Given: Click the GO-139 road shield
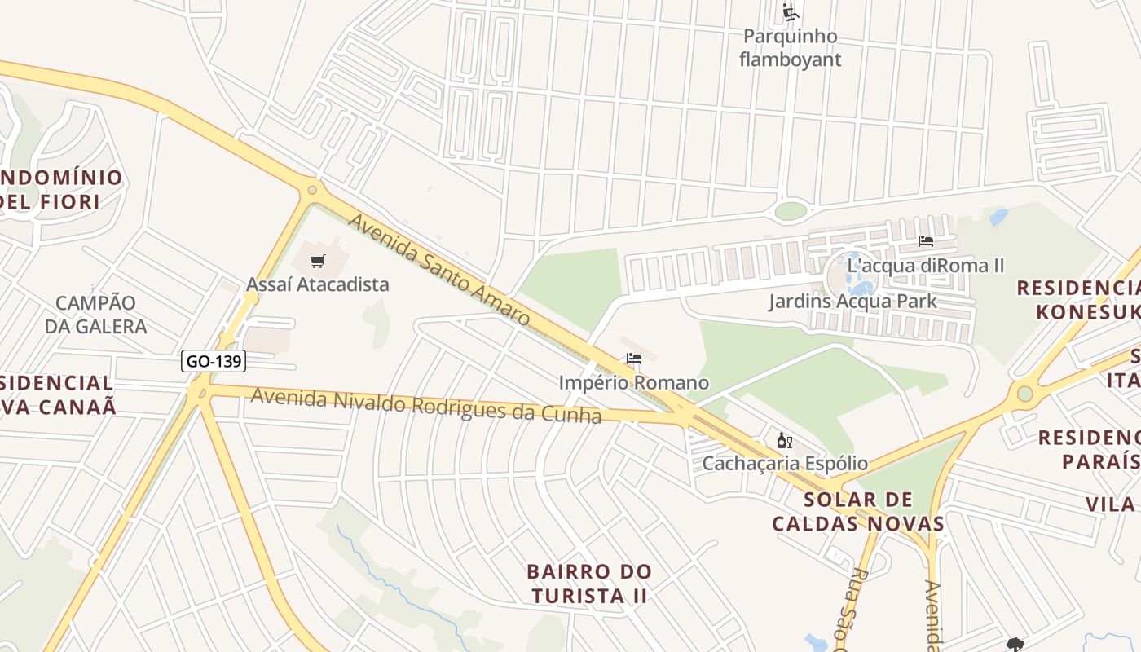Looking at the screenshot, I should (x=214, y=361).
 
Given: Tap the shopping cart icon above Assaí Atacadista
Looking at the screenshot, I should (x=318, y=262).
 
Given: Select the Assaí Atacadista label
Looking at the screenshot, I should (x=318, y=284).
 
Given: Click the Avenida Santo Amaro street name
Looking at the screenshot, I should (x=439, y=270).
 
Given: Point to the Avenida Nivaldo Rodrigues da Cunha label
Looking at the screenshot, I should (x=426, y=405).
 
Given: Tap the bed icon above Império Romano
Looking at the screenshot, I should (x=634, y=359).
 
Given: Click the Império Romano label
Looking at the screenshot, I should (x=634, y=382).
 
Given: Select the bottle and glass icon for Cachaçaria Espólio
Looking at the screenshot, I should (x=785, y=441).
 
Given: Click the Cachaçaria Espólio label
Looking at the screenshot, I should (x=785, y=464).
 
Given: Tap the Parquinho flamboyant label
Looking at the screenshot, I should (x=790, y=47).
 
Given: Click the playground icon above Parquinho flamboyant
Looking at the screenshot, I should (x=790, y=11).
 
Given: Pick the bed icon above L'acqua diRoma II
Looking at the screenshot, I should (x=926, y=241).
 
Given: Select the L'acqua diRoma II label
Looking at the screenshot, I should (x=926, y=265).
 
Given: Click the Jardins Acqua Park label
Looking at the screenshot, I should (x=852, y=302).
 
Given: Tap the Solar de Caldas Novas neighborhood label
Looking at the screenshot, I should (x=858, y=511).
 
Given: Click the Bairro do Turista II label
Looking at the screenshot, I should (x=589, y=584).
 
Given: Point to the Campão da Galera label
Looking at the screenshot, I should (x=95, y=315).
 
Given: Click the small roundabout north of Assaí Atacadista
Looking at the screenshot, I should (x=311, y=191).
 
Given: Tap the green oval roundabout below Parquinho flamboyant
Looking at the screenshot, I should (x=791, y=211).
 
